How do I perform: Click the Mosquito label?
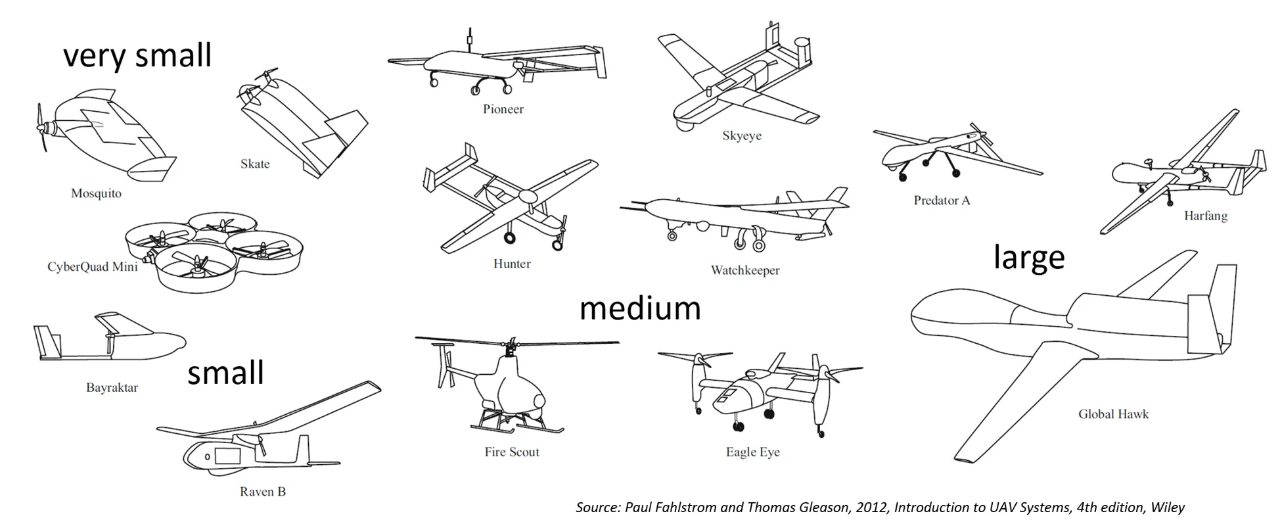pos(96,193)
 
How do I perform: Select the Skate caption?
pos(255,164)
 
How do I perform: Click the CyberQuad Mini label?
pos(93,266)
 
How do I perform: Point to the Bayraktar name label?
pos(112,387)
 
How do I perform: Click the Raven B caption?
pos(263,491)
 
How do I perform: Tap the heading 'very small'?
pos(137,55)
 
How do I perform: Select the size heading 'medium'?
pos(640,308)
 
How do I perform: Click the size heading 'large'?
pos(1028,256)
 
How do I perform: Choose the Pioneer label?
pos(503,109)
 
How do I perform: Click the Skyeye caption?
pos(742,136)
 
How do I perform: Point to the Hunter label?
pos(512,264)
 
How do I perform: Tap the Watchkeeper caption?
pos(745,270)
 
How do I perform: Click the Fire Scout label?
pos(512,452)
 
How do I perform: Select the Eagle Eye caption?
pos(753,452)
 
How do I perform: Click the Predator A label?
pos(942,201)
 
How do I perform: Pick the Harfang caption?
pos(1206,216)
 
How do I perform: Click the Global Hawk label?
pos(1114,414)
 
